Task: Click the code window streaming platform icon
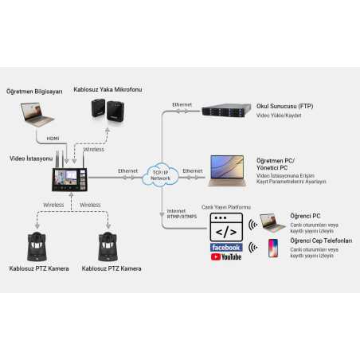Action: (x=226, y=229)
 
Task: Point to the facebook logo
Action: (x=226, y=248)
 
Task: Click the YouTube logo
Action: (x=226, y=256)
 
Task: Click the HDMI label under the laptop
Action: (x=53, y=138)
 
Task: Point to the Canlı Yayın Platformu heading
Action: (x=225, y=207)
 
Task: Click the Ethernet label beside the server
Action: (x=182, y=104)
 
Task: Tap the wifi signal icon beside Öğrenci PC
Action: (x=253, y=225)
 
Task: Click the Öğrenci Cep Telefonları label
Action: (x=320, y=241)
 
